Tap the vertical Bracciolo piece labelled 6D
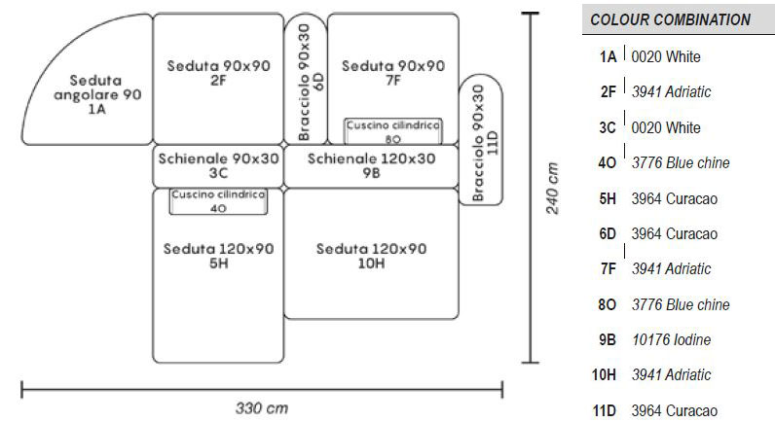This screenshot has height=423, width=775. point(304,78)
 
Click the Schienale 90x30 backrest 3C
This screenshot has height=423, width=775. point(217,165)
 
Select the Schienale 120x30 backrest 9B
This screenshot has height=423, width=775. point(371,165)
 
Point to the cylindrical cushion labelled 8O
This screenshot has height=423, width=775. point(392,130)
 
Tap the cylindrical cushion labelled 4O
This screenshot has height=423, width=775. point(218,200)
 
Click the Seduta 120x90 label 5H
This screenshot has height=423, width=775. point(218,256)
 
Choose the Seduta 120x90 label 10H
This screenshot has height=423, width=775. point(371,256)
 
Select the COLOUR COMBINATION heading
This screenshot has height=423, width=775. point(670,19)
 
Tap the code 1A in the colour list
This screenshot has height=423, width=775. point(607,56)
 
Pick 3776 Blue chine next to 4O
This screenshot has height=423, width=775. point(680,162)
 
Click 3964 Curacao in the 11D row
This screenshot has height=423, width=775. point(674,410)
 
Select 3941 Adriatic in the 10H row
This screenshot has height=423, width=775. point(671,374)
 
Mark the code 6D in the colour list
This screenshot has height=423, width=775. point(606,233)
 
